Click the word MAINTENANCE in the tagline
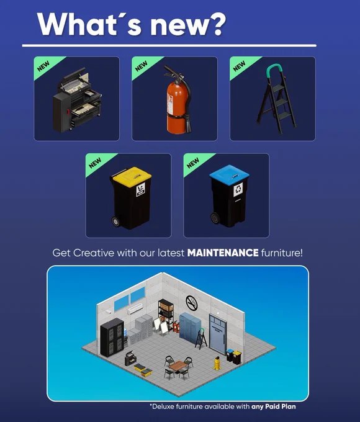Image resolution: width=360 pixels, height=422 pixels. (x=223, y=253)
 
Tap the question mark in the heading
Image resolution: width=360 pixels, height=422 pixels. (x=214, y=24)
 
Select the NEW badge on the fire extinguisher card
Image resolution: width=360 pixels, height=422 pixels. (x=142, y=66)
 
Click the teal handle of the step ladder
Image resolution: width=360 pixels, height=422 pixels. (x=275, y=71)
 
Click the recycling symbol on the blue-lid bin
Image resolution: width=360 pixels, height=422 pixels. (x=238, y=189)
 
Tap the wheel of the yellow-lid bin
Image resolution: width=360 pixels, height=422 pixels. (x=116, y=222)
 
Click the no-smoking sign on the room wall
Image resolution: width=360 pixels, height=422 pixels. (x=191, y=302)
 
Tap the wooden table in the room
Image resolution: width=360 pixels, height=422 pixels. (x=177, y=366)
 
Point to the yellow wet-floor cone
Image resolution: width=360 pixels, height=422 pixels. (x=217, y=363)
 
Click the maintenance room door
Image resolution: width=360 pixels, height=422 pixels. (x=218, y=333)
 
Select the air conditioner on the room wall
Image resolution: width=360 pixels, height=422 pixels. (x=135, y=308)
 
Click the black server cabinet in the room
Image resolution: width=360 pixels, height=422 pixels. (x=112, y=337)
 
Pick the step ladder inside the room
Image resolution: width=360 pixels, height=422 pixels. (x=201, y=339)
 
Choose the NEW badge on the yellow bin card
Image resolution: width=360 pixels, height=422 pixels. (x=96, y=163)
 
